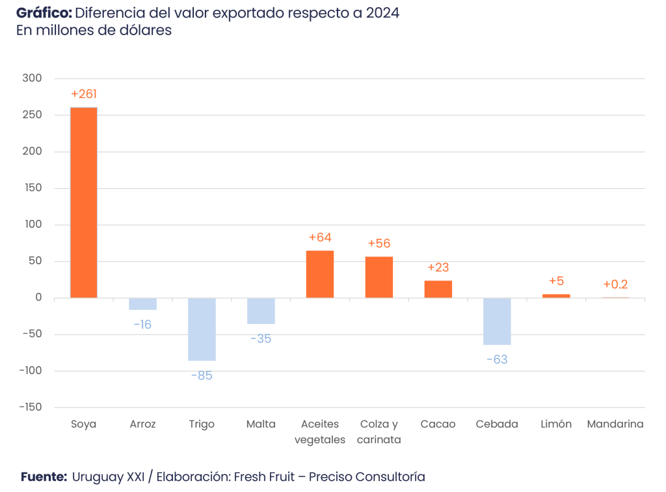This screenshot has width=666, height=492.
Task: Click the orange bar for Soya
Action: [x=84, y=202]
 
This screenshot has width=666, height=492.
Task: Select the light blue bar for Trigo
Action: [x=202, y=329]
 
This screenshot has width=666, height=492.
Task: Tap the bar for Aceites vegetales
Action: [x=320, y=274]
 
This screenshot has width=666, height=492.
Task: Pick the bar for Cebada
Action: [x=498, y=321]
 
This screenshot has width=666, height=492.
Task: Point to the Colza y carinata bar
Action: [x=379, y=277]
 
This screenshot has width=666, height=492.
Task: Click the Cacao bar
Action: [x=438, y=289]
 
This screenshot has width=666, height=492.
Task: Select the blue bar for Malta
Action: [x=261, y=311]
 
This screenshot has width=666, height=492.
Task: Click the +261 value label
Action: [x=84, y=94]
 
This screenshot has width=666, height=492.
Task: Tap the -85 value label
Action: [x=202, y=376]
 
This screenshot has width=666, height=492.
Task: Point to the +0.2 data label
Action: [x=615, y=284]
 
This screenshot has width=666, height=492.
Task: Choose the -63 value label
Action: [x=497, y=359]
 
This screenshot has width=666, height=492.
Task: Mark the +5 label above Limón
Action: [x=556, y=281]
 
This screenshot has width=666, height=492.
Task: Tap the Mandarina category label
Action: [x=615, y=424]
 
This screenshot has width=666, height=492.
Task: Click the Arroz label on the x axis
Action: [x=142, y=424]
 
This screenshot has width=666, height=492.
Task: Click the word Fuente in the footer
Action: [x=44, y=477]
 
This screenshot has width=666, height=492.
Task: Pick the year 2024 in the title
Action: [x=382, y=13]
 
